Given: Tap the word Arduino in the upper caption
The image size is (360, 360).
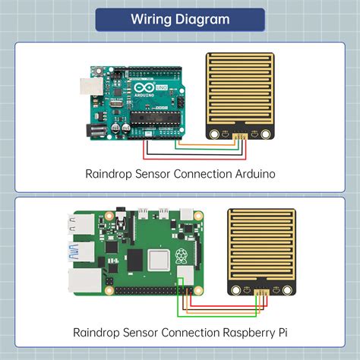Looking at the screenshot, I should tap(250, 174).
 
